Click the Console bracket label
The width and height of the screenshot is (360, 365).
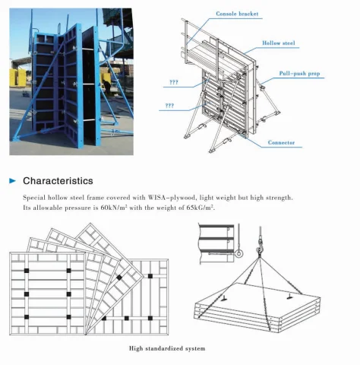(236, 14)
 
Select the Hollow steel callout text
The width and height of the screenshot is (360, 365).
(279, 44)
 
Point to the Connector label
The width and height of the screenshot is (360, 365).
(282, 142)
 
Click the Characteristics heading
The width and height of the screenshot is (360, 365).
(58, 181)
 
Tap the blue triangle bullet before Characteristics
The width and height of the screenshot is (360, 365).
(12, 181)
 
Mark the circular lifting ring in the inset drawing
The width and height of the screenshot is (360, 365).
(238, 253)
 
